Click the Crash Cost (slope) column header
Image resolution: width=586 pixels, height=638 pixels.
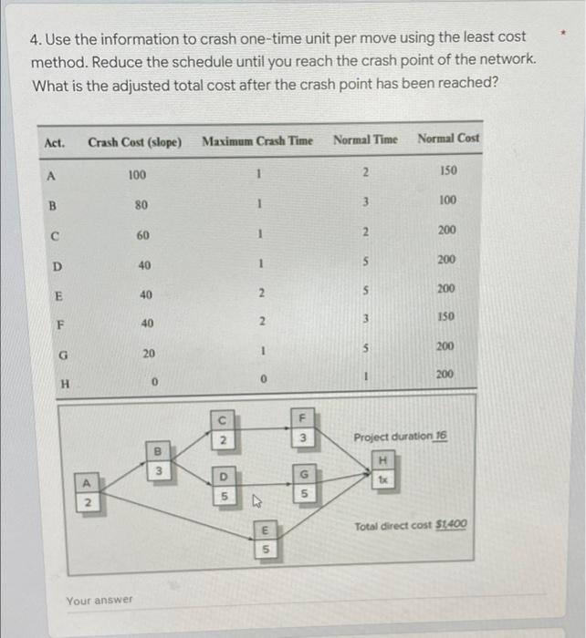point(134,142)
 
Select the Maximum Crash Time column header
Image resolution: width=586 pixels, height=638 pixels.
point(256,140)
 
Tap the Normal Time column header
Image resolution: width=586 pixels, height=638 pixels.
point(365,139)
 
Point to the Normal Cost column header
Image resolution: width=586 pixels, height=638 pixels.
point(447,139)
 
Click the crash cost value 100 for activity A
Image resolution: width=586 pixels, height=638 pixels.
point(137,174)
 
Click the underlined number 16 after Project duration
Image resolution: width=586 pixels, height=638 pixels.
point(442,437)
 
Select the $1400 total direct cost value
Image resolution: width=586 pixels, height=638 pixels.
point(451,524)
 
